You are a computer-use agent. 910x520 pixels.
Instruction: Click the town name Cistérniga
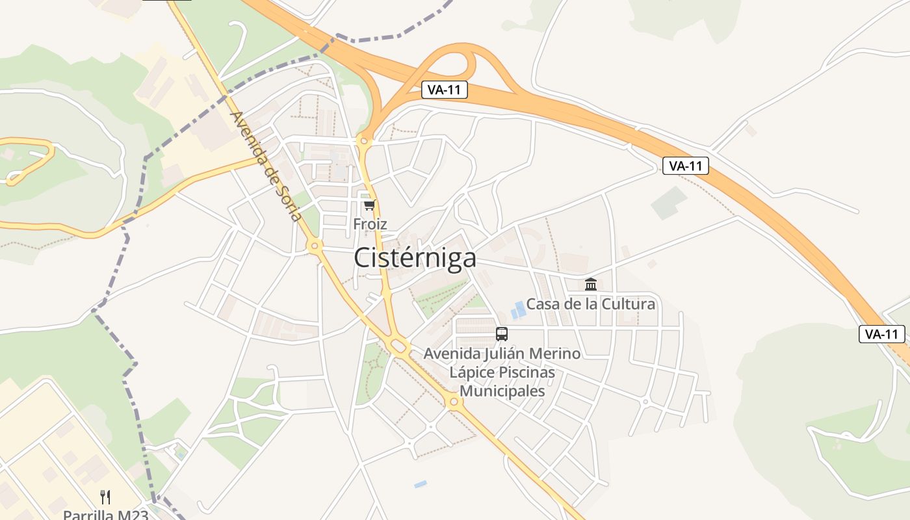point(415,258)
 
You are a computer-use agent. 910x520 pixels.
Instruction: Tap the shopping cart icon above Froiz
point(369,205)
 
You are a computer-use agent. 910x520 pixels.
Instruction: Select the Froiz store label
point(370,224)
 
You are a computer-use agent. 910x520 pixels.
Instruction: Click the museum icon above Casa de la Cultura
point(591,284)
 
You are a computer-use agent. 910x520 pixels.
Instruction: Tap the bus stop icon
point(502,334)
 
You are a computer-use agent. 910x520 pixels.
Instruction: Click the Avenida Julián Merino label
point(502,354)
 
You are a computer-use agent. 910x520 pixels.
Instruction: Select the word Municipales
point(502,391)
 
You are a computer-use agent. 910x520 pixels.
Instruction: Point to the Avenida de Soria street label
point(266,166)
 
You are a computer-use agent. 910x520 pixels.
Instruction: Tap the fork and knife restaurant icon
point(105,497)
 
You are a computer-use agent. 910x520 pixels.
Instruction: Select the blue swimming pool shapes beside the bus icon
point(518,310)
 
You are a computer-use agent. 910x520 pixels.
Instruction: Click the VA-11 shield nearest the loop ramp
point(445,90)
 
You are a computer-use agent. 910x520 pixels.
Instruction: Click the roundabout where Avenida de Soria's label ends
point(315,246)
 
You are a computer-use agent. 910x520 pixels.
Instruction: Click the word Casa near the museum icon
point(541,304)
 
